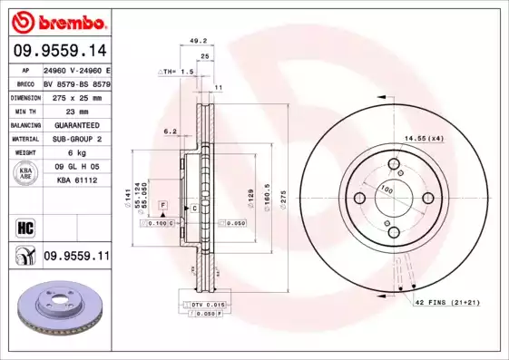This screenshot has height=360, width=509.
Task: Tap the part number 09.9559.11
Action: [76, 257]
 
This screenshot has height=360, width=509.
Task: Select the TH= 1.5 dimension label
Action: [179, 70]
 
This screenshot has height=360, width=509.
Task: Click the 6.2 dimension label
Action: [171, 131]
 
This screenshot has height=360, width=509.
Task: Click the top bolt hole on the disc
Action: [394, 164]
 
